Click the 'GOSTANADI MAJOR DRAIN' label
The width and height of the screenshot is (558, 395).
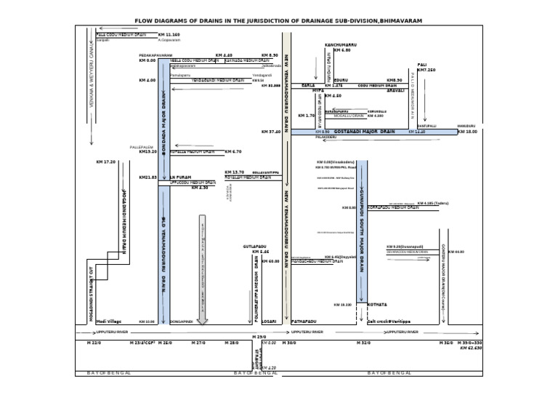point(364,132)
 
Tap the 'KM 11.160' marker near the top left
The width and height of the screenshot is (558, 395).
point(169,34)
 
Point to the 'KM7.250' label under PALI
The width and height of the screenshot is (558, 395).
point(426,70)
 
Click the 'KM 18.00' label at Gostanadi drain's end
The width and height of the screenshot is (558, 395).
point(468,132)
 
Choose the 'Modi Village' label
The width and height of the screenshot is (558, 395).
point(110,320)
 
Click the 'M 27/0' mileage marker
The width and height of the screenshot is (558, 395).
point(198,342)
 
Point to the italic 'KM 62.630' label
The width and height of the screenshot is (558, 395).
point(471,348)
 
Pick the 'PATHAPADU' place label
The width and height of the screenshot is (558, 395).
point(303,321)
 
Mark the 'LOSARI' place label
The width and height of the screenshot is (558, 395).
point(268,321)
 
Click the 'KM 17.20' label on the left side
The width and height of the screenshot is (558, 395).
point(105,161)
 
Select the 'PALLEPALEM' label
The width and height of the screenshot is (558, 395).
point(141,146)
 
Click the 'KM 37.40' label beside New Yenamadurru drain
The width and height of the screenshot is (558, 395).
point(270,132)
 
